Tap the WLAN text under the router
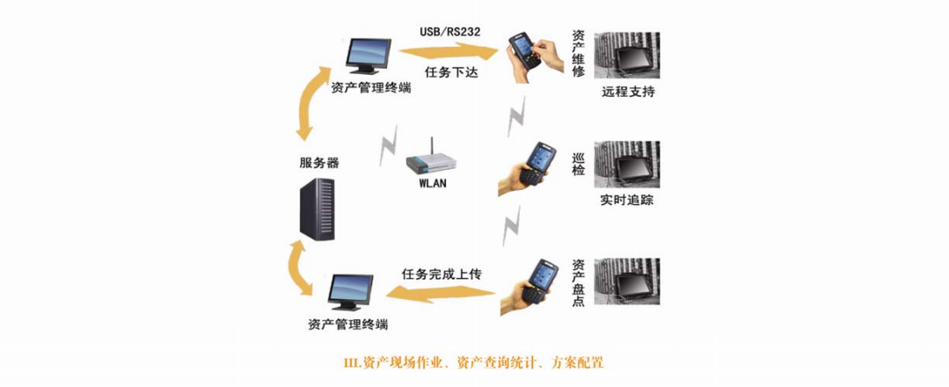pos(434,184)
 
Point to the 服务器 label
pos(319,164)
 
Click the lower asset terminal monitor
pos(352,293)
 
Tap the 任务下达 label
pos(452,74)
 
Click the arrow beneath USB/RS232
pos(452,54)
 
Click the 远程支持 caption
pos(628,91)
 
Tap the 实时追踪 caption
pos(627,200)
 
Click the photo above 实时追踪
pos(627,164)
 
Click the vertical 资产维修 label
pos(578,55)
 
